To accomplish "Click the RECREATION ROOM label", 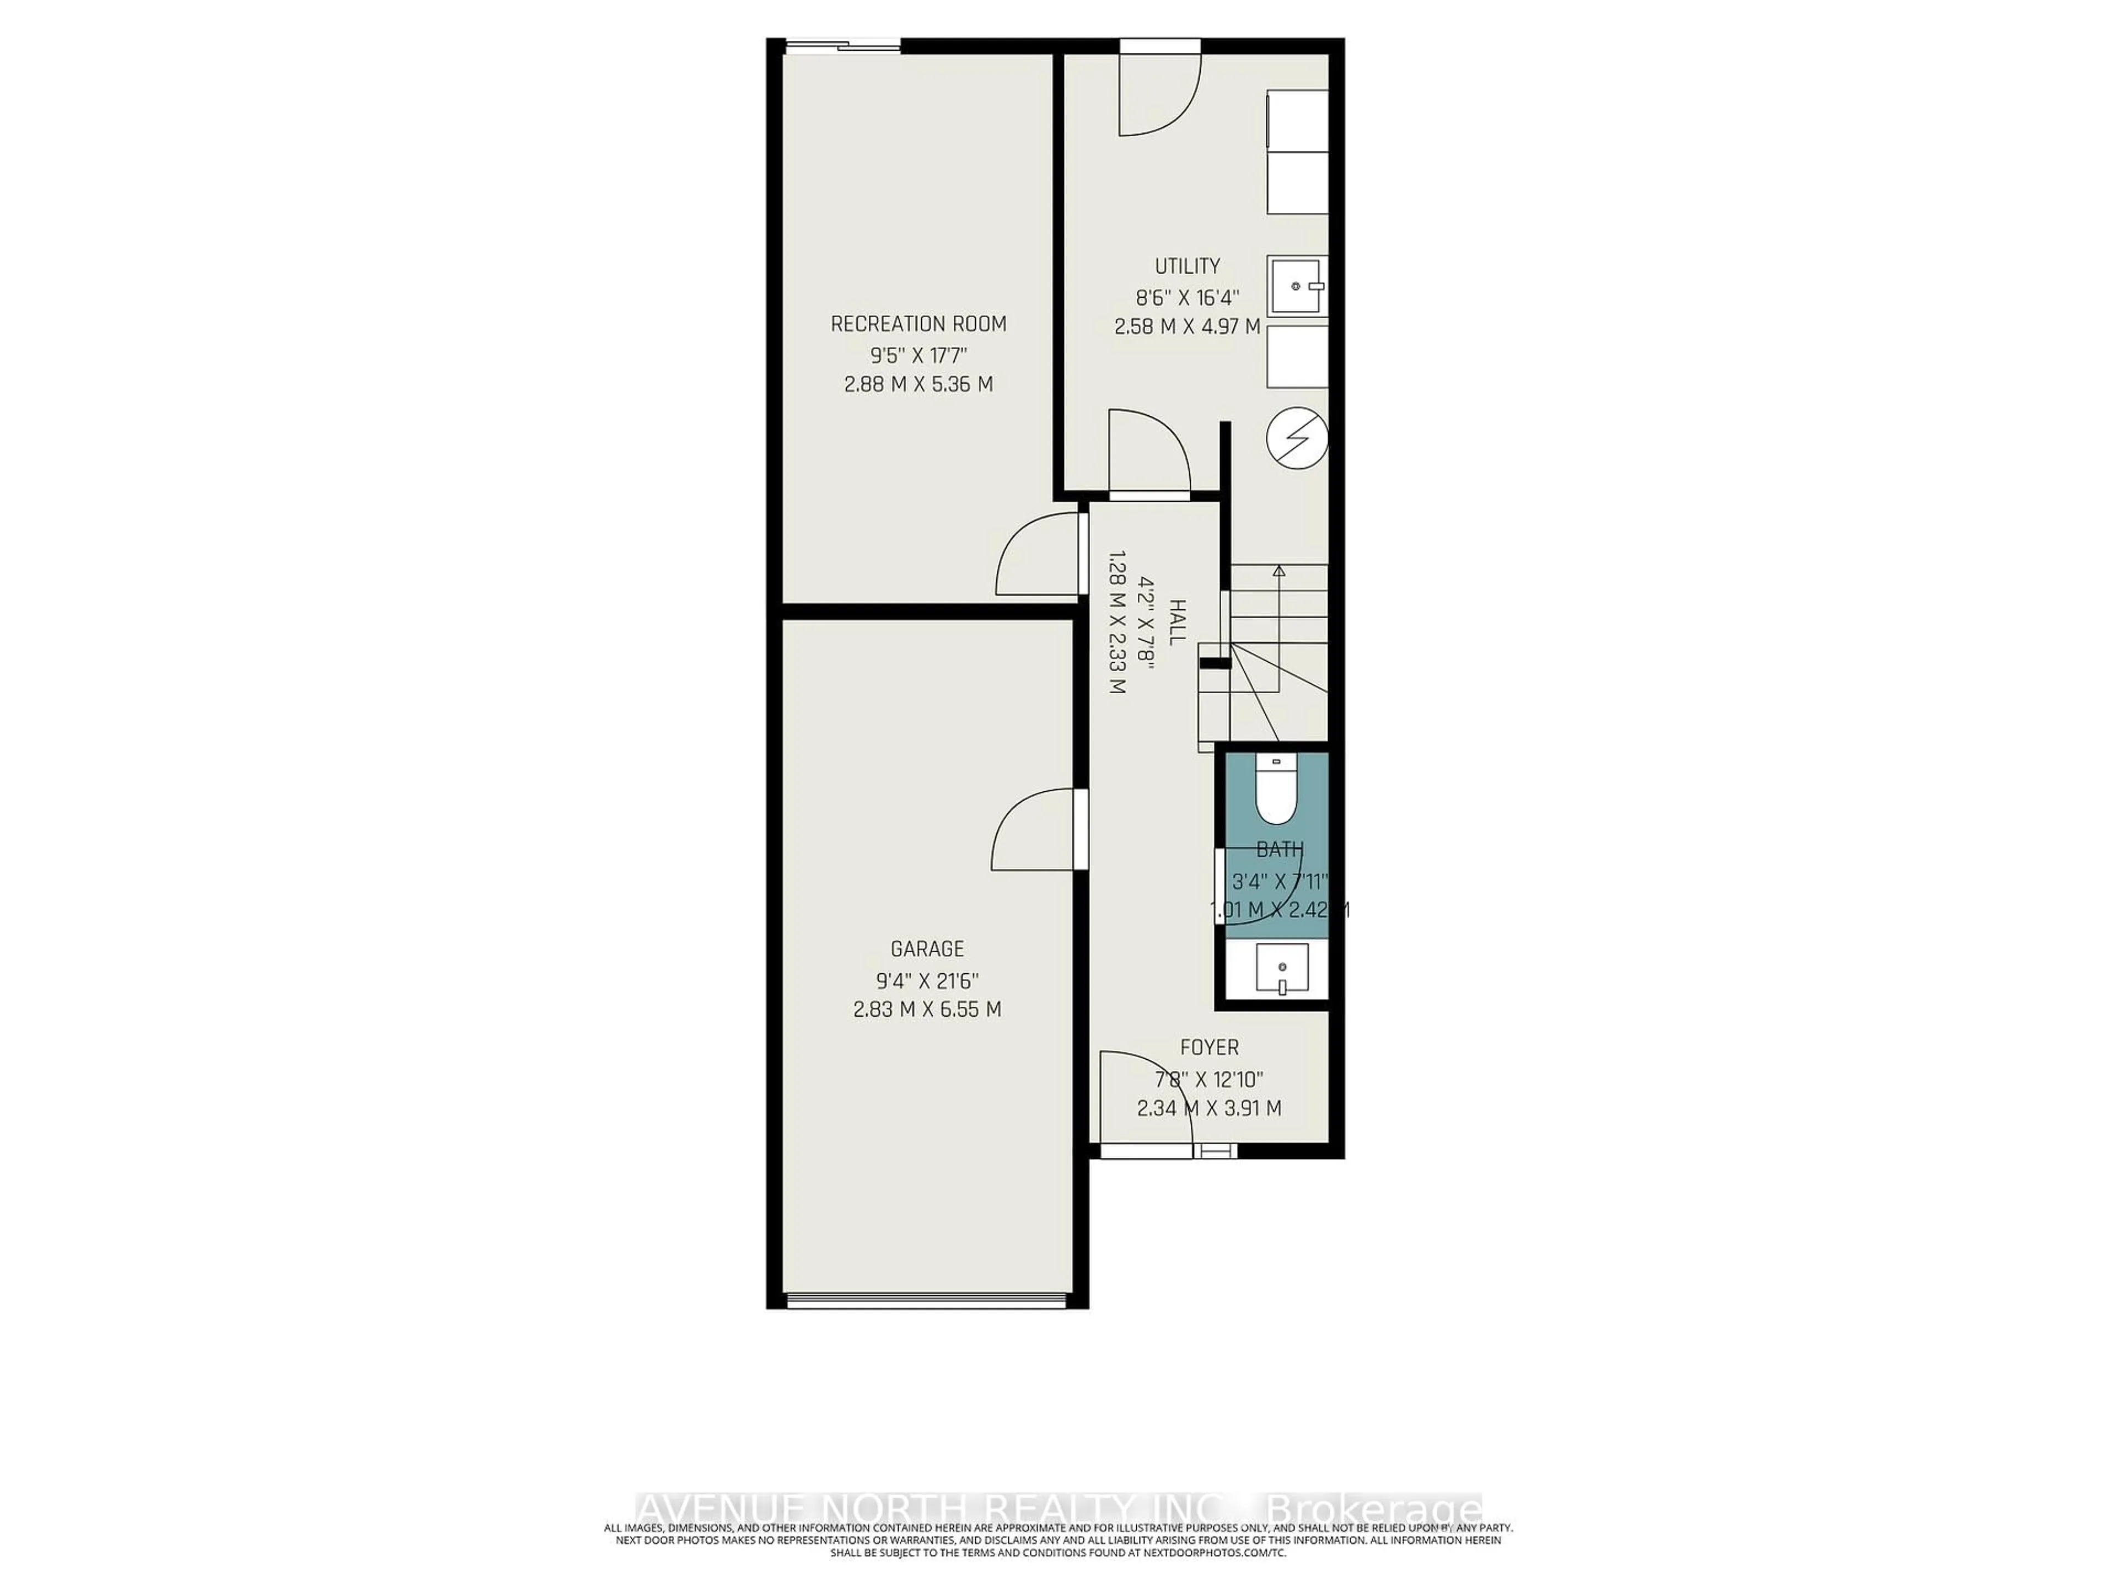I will click(918, 324).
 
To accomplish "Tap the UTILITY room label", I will click(1187, 266).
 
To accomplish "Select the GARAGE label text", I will click(926, 948).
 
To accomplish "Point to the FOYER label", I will click(1209, 1047).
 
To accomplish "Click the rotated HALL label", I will click(1177, 621).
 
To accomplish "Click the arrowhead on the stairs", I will click(1278, 571).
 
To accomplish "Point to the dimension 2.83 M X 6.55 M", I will click(926, 1009).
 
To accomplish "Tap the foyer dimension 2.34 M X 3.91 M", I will click(1209, 1108).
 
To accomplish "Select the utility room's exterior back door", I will click(1158, 91).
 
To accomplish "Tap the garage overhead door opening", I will click(926, 1299).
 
